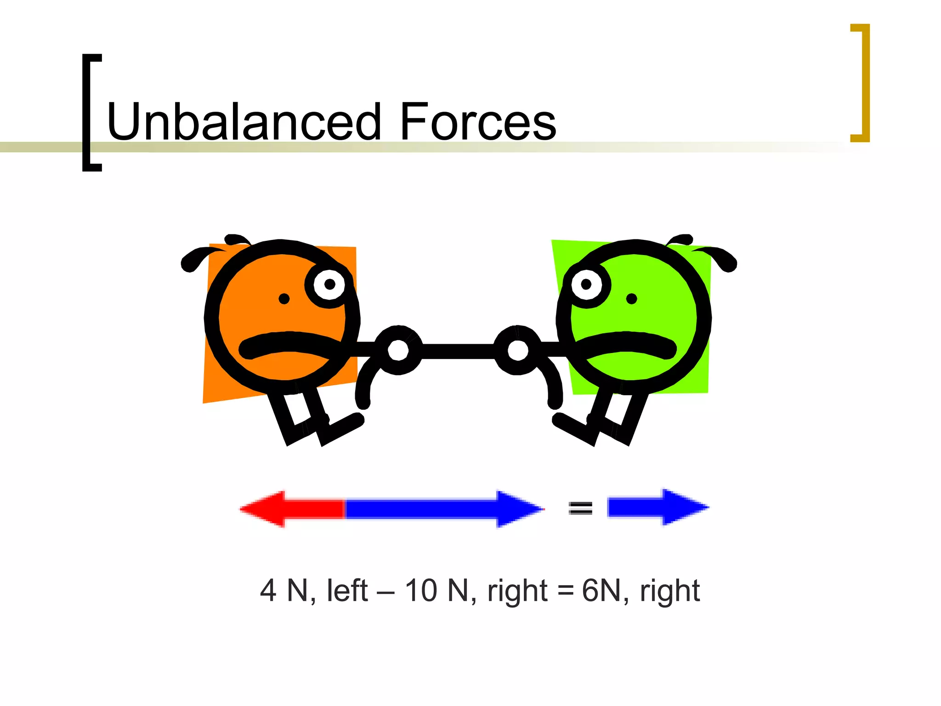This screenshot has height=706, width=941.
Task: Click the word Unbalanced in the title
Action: (244, 122)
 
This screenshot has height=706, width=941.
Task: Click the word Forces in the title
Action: (478, 122)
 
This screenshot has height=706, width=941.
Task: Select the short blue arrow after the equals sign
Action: (657, 507)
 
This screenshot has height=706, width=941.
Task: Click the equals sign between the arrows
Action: (580, 508)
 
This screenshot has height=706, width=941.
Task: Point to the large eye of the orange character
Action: (329, 285)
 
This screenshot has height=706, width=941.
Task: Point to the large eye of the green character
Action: (586, 285)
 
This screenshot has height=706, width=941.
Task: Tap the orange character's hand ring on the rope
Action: (398, 350)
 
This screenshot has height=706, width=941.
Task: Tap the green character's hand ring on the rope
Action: (518, 350)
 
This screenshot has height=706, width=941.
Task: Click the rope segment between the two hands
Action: (458, 351)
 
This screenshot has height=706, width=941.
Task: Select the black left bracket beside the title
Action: (91, 113)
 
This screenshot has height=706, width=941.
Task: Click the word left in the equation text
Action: (347, 590)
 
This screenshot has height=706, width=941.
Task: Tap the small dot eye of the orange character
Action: (284, 299)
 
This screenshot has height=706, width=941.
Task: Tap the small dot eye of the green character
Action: (632, 299)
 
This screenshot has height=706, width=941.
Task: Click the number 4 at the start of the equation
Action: (268, 590)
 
